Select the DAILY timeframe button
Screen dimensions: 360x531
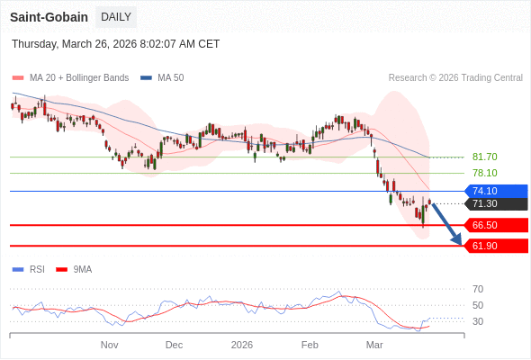click(x=116, y=17)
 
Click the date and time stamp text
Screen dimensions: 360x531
click(x=115, y=44)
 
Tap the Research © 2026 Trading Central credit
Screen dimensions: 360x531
click(x=455, y=78)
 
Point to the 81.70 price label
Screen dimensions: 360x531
click(x=484, y=157)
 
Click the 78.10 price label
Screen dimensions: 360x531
click(x=484, y=173)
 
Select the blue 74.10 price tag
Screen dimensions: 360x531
click(x=496, y=191)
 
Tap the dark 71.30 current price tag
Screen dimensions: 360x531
click(x=496, y=203)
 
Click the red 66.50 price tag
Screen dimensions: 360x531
click(x=496, y=225)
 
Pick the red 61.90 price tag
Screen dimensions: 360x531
click(x=496, y=246)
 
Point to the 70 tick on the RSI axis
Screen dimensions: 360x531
click(x=478, y=289)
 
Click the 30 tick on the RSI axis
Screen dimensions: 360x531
click(x=478, y=321)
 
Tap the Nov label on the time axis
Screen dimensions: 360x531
click(x=109, y=345)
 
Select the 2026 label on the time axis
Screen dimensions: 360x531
click(x=242, y=345)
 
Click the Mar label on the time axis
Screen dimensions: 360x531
click(x=374, y=345)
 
